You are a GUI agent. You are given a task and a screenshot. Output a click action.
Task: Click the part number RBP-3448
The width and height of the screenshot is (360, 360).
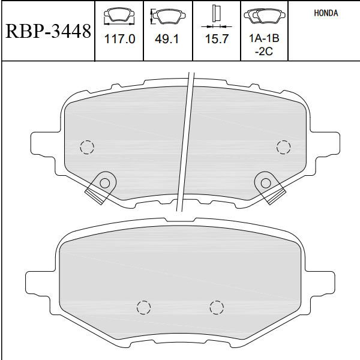click(x=48, y=31)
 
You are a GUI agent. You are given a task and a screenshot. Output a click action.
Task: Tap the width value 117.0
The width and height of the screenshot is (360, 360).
click(x=119, y=39)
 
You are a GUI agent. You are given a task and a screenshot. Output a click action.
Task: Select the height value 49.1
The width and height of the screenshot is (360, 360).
click(x=167, y=39)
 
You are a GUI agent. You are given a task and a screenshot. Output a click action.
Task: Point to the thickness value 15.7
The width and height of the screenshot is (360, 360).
click(x=217, y=39)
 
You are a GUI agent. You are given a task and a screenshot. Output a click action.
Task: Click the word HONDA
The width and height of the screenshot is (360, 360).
click(x=326, y=13)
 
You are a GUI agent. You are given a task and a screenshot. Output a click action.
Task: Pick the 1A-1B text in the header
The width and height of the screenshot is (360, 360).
click(x=264, y=38)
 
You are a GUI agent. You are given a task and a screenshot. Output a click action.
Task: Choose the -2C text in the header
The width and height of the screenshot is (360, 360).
click(x=264, y=51)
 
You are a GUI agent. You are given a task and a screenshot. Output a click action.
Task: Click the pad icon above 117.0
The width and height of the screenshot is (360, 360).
click(x=119, y=16)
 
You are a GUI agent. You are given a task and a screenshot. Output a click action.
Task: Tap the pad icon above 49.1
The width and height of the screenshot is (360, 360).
click(x=168, y=16)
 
